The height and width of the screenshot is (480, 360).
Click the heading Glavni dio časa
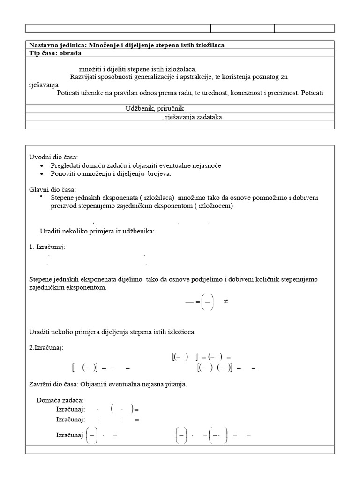52,189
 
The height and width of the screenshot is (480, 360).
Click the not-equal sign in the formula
226,302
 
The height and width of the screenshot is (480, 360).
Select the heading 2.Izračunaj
46,347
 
